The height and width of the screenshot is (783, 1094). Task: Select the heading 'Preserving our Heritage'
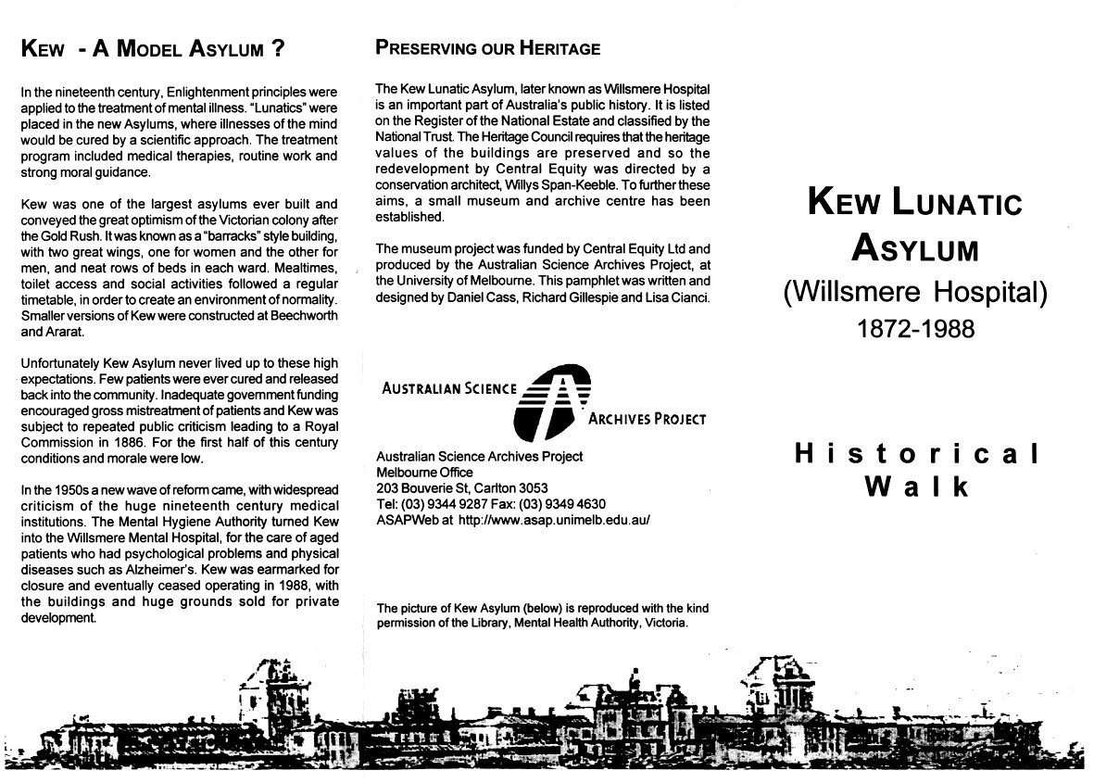pos(487,49)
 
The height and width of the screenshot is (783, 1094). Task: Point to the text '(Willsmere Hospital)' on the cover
pos(915,293)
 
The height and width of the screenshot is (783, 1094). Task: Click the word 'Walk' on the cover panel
pos(917,486)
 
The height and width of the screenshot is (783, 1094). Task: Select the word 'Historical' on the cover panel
pos(917,454)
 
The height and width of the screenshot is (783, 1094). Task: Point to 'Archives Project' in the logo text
pos(648,419)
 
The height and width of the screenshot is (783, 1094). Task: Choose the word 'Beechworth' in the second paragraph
pos(300,316)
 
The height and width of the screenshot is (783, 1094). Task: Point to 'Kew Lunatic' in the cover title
pos(915,202)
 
